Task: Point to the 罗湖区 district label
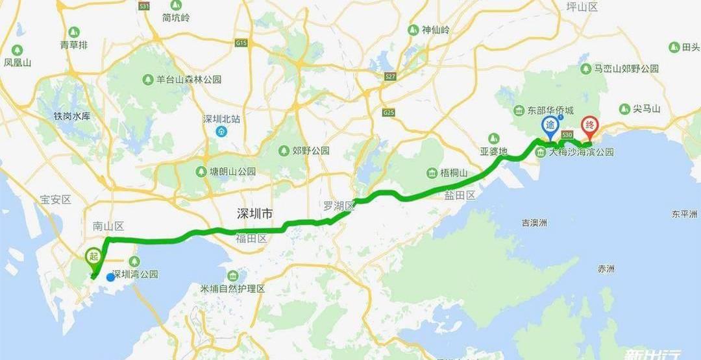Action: (339, 206)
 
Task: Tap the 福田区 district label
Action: (251, 239)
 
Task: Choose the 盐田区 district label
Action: (460, 195)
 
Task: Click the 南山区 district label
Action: (108, 226)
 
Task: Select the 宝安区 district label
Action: (55, 200)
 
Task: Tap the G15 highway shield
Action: (241, 43)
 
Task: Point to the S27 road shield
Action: (390, 77)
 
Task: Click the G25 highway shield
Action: (389, 112)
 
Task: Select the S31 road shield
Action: (144, 6)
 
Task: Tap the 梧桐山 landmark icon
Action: (432, 173)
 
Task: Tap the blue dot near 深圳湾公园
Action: (110, 277)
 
